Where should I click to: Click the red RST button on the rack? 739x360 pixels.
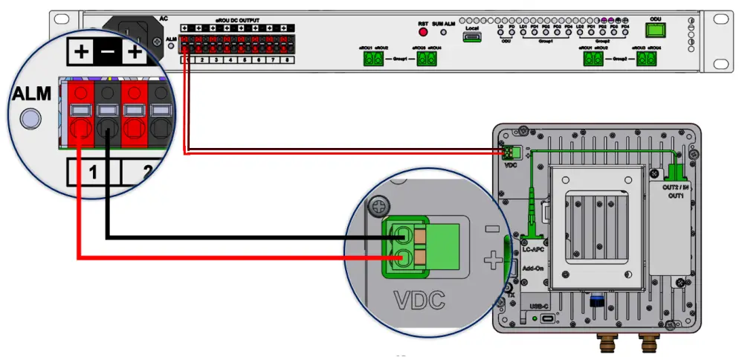click(x=423, y=33)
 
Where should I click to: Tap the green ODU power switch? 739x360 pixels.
click(x=655, y=30)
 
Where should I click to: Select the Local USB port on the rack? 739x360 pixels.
click(x=471, y=36)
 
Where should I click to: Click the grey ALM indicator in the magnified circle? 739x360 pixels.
click(x=31, y=118)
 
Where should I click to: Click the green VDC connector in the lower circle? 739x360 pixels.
click(x=412, y=246)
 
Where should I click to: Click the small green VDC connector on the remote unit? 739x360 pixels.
click(x=509, y=152)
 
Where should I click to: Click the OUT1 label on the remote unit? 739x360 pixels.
click(x=675, y=196)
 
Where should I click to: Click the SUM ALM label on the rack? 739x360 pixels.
click(x=445, y=24)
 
